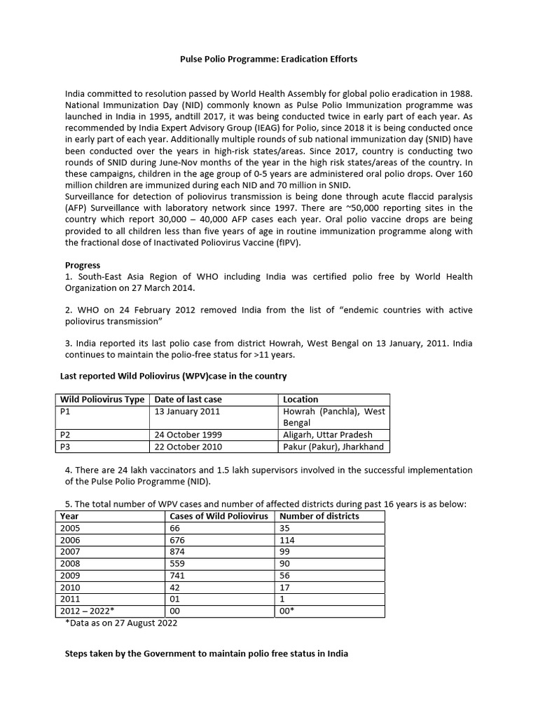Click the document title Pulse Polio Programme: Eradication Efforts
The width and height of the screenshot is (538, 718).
pos(269,59)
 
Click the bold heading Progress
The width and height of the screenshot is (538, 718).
pos(83,265)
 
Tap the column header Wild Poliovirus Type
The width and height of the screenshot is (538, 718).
pos(102,399)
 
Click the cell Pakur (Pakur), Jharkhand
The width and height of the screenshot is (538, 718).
pos(333,447)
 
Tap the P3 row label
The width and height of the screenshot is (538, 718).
pos(67,447)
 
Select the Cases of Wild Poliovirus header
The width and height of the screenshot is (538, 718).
pos(219,516)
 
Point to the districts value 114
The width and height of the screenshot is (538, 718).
pos(287,540)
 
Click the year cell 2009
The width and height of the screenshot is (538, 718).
pos(71,576)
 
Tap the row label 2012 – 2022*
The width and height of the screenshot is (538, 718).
pos(86,611)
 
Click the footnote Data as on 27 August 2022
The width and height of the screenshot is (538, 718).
pos(125,623)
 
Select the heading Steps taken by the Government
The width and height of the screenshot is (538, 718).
pos(206,653)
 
